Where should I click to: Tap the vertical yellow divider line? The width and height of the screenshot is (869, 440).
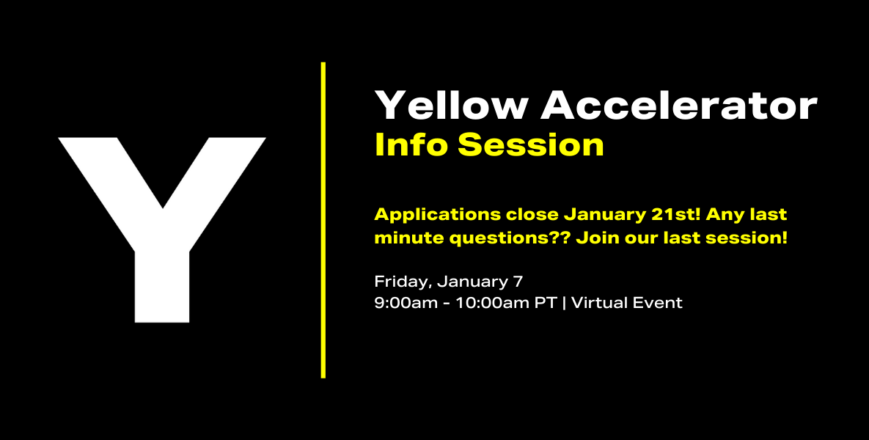click(x=323, y=220)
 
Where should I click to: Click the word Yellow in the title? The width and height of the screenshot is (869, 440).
click(x=450, y=105)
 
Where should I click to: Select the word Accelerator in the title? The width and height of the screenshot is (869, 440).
click(x=679, y=105)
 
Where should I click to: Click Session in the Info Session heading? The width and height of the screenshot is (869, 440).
click(x=530, y=144)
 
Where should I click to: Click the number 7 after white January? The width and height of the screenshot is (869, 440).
click(x=518, y=282)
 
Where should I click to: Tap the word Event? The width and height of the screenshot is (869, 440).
click(x=659, y=303)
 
